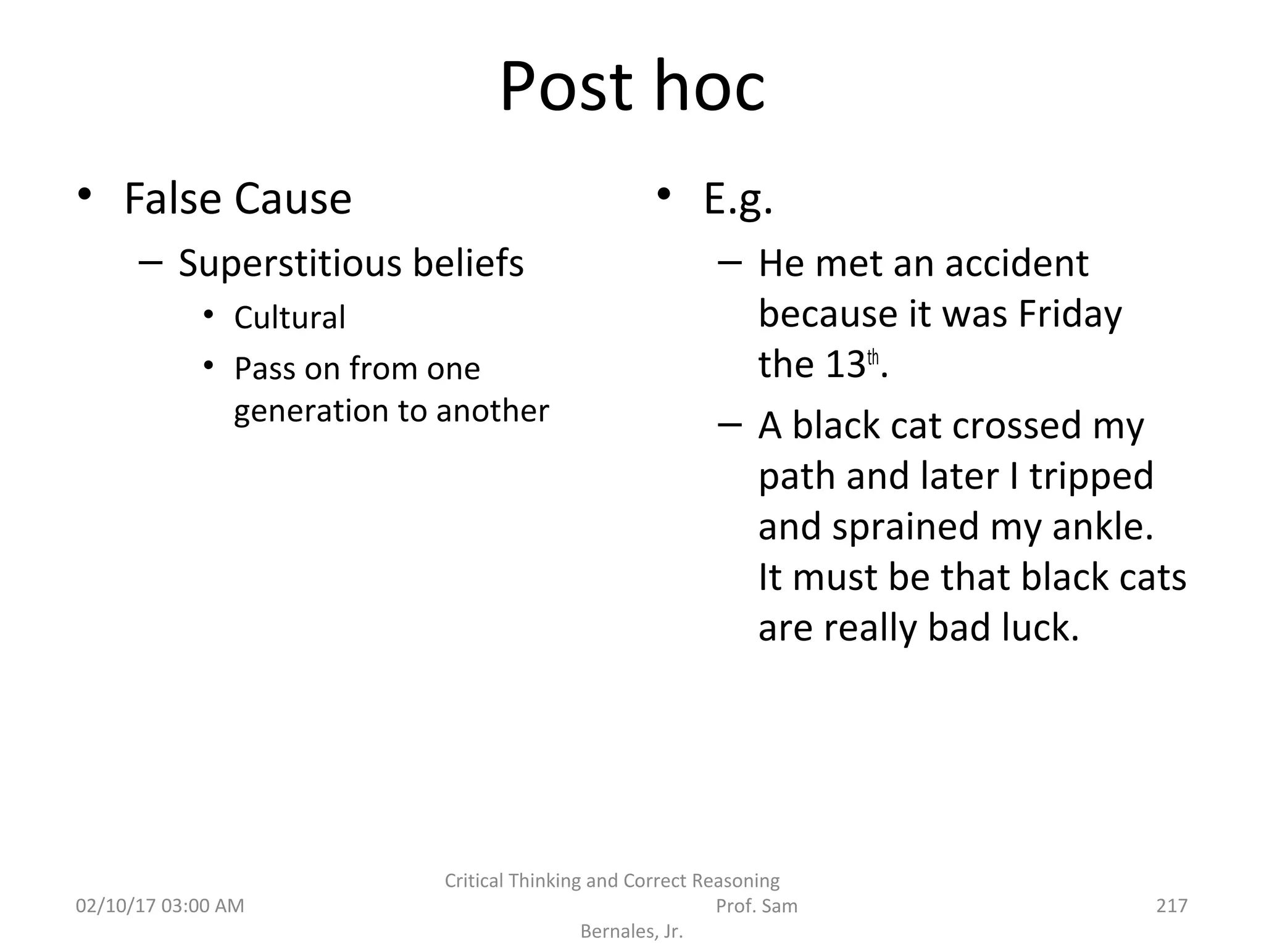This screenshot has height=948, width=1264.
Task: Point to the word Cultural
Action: click(x=289, y=318)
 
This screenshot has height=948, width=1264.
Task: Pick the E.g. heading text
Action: click(x=738, y=200)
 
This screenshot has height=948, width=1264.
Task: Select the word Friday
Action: click(x=1070, y=315)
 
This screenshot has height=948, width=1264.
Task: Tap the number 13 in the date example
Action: click(x=845, y=365)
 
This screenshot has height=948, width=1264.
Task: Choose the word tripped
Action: click(x=1091, y=476)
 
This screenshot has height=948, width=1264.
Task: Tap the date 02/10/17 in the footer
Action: click(x=115, y=905)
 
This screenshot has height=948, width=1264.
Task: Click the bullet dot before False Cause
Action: click(x=85, y=195)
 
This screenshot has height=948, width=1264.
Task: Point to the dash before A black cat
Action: click(x=730, y=425)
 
